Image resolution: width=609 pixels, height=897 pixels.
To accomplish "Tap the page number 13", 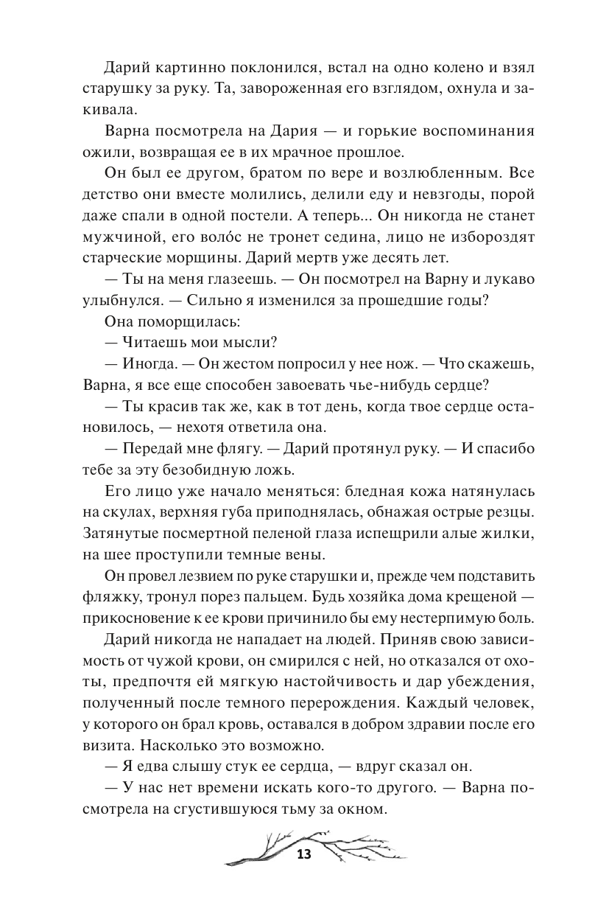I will [x=304, y=855].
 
